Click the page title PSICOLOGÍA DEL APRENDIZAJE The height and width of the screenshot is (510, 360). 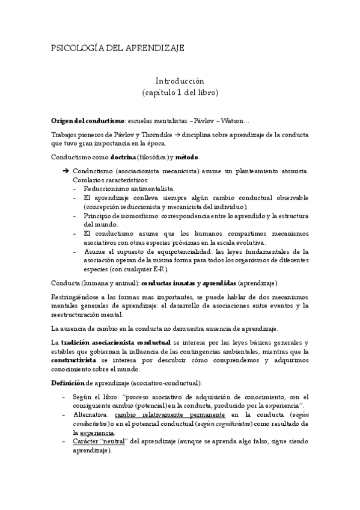tap(117, 47)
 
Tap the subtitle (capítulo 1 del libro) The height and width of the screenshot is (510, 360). tap(180, 93)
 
